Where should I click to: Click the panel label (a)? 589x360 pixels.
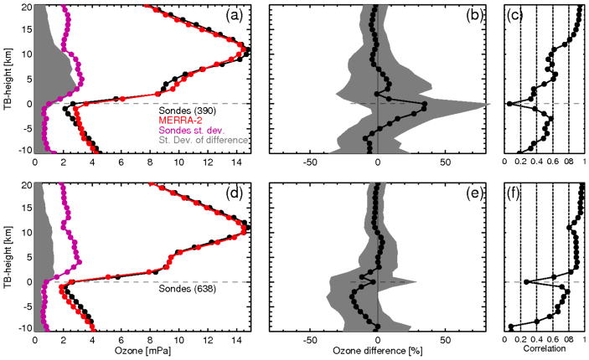tap(235, 14)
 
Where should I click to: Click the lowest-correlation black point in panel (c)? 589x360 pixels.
tap(509, 104)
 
